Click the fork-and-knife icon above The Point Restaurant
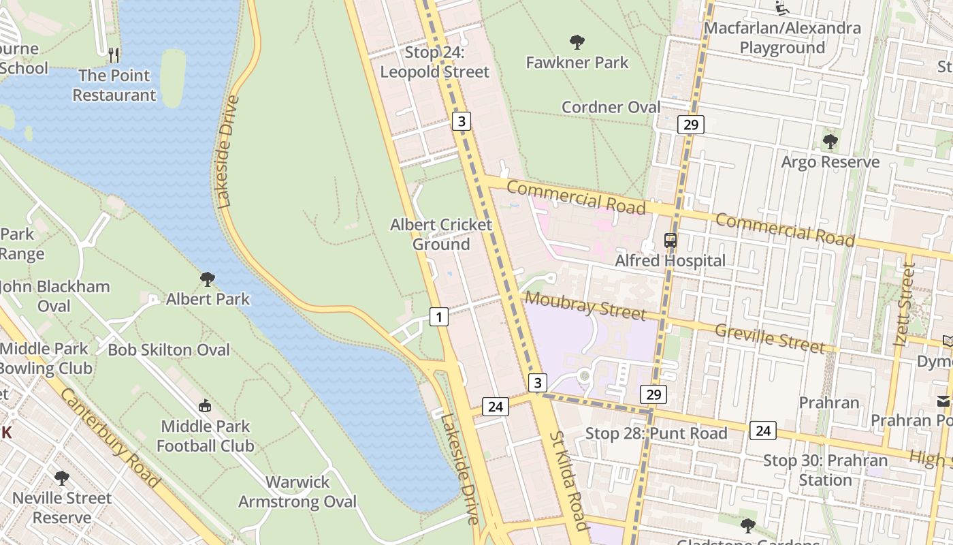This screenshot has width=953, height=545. tap(114, 54)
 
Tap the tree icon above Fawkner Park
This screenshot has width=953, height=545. tap(577, 42)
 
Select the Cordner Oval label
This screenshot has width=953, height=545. tap(611, 107)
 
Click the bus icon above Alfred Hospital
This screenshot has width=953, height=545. tap(671, 240)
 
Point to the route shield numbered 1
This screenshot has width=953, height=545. tap(439, 316)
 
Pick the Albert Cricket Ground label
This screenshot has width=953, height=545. tap(440, 234)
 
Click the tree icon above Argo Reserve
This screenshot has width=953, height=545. tap(830, 142)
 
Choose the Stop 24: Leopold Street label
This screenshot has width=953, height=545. tap(434, 62)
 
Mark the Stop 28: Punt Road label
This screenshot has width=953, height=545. tap(656, 433)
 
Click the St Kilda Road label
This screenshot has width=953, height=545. tap(568, 470)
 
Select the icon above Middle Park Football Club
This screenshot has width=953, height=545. tap(204, 406)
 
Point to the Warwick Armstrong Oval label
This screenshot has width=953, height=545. tap(297, 492)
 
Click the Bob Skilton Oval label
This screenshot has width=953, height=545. tap(169, 349)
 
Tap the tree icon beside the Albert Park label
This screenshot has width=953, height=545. tap(208, 279)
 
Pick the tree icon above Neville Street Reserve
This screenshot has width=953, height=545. tap(62, 478)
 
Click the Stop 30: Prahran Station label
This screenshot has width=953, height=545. tap(825, 470)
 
